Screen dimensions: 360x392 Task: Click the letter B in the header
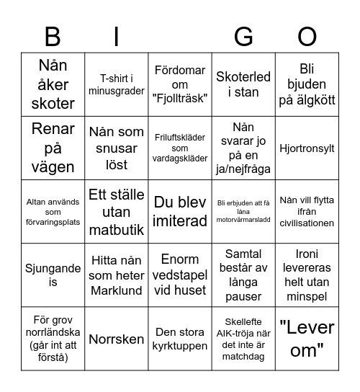pos(53,37)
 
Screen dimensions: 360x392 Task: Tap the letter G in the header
pos(243,37)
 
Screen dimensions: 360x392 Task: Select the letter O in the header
pos(307,37)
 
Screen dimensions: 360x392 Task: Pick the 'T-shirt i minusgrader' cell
pos(117,84)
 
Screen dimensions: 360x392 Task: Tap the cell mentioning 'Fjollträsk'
pos(180,84)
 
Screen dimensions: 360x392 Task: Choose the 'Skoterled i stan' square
pos(243,84)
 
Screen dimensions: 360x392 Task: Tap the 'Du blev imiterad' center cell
pos(180,211)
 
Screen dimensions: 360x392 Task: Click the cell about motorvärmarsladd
pos(243,211)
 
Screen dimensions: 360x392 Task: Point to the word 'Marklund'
pos(117,290)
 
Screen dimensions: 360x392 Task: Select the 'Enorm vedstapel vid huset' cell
pos(180,275)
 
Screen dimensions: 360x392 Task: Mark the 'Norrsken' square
pos(117,339)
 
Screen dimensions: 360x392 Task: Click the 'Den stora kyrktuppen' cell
pos(180,339)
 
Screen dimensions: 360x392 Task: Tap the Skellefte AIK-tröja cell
pos(243,339)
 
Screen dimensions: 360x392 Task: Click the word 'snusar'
pos(117,148)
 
